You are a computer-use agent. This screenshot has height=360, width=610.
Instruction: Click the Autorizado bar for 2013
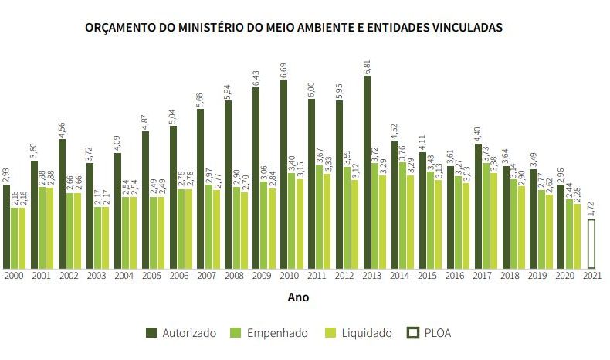(367, 172)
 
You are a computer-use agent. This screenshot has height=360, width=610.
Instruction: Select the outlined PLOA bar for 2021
(591, 243)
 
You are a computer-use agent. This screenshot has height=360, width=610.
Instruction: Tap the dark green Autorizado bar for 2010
(284, 174)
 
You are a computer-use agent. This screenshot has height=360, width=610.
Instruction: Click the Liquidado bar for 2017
(493, 220)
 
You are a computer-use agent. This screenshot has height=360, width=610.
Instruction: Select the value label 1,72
(591, 209)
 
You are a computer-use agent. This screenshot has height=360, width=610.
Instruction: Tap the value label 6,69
(284, 70)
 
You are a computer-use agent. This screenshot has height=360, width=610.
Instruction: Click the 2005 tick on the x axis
(151, 275)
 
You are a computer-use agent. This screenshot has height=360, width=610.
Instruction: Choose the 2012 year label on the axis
(345, 275)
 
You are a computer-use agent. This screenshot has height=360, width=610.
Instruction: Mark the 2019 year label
(537, 275)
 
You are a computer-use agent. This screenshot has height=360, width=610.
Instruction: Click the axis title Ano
(298, 297)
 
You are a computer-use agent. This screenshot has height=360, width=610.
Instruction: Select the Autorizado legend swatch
(152, 333)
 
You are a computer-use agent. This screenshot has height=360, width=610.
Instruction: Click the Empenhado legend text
(278, 333)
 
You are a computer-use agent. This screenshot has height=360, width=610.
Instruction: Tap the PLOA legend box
(413, 333)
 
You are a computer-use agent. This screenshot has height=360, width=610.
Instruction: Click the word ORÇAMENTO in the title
(124, 27)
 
